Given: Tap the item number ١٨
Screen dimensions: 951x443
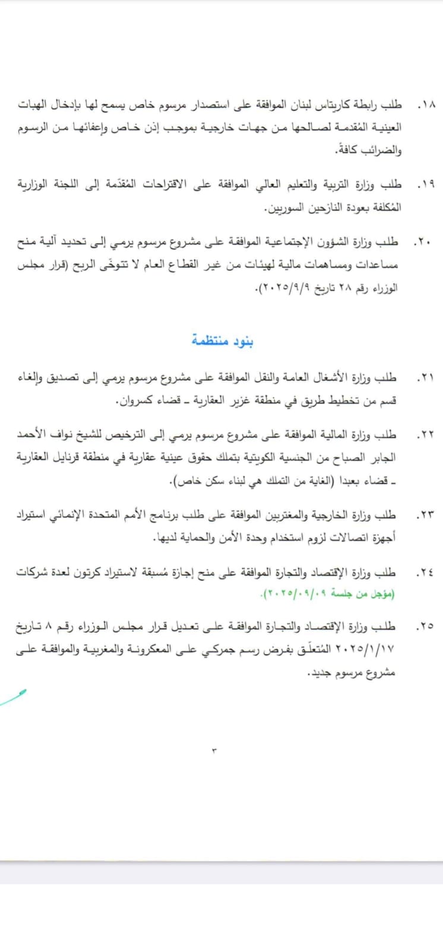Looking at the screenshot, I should click(426, 105).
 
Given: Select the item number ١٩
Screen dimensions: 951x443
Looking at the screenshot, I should click(426, 185).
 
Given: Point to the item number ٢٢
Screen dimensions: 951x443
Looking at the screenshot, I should click(425, 435).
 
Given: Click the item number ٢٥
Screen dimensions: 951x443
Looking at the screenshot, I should click(425, 626).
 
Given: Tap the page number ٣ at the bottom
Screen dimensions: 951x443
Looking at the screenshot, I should click(214, 751).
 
